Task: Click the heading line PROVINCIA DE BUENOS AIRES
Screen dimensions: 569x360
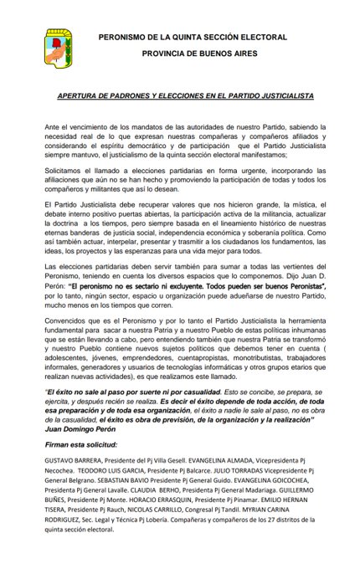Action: (x=192, y=52)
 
